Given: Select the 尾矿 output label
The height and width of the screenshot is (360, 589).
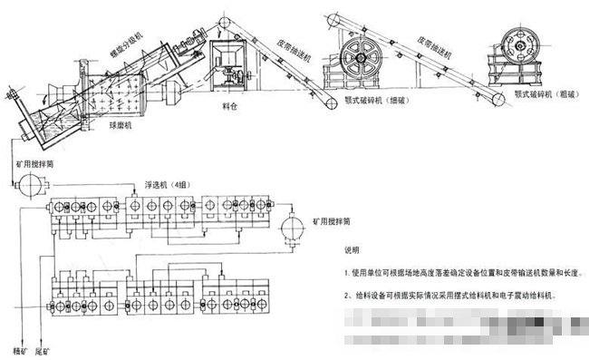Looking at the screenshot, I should (x=43, y=350).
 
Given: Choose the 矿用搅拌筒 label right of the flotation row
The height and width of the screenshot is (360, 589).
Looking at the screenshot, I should (x=336, y=220).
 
